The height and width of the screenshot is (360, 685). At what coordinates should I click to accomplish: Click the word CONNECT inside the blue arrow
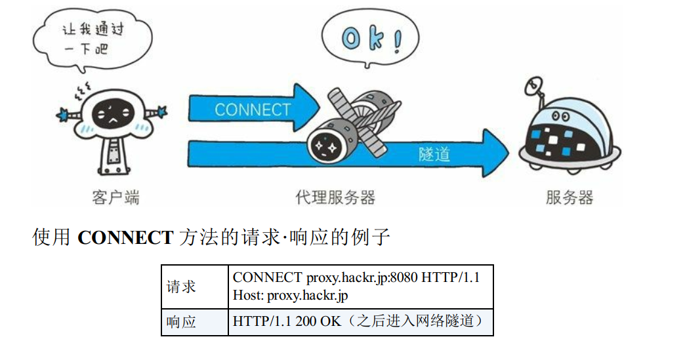(x=252, y=110)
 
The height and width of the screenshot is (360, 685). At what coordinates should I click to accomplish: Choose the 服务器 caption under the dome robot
(x=569, y=197)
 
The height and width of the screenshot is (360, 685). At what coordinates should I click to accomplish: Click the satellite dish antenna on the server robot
(x=535, y=86)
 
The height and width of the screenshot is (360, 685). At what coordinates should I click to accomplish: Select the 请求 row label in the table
(x=181, y=287)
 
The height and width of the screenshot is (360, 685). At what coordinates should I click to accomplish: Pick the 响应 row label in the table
(x=181, y=322)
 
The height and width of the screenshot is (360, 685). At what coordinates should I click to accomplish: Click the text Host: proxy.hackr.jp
(x=290, y=296)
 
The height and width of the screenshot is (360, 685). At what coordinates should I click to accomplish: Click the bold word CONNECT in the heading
(x=125, y=237)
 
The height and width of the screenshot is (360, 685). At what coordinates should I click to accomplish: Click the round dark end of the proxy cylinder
(x=324, y=146)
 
